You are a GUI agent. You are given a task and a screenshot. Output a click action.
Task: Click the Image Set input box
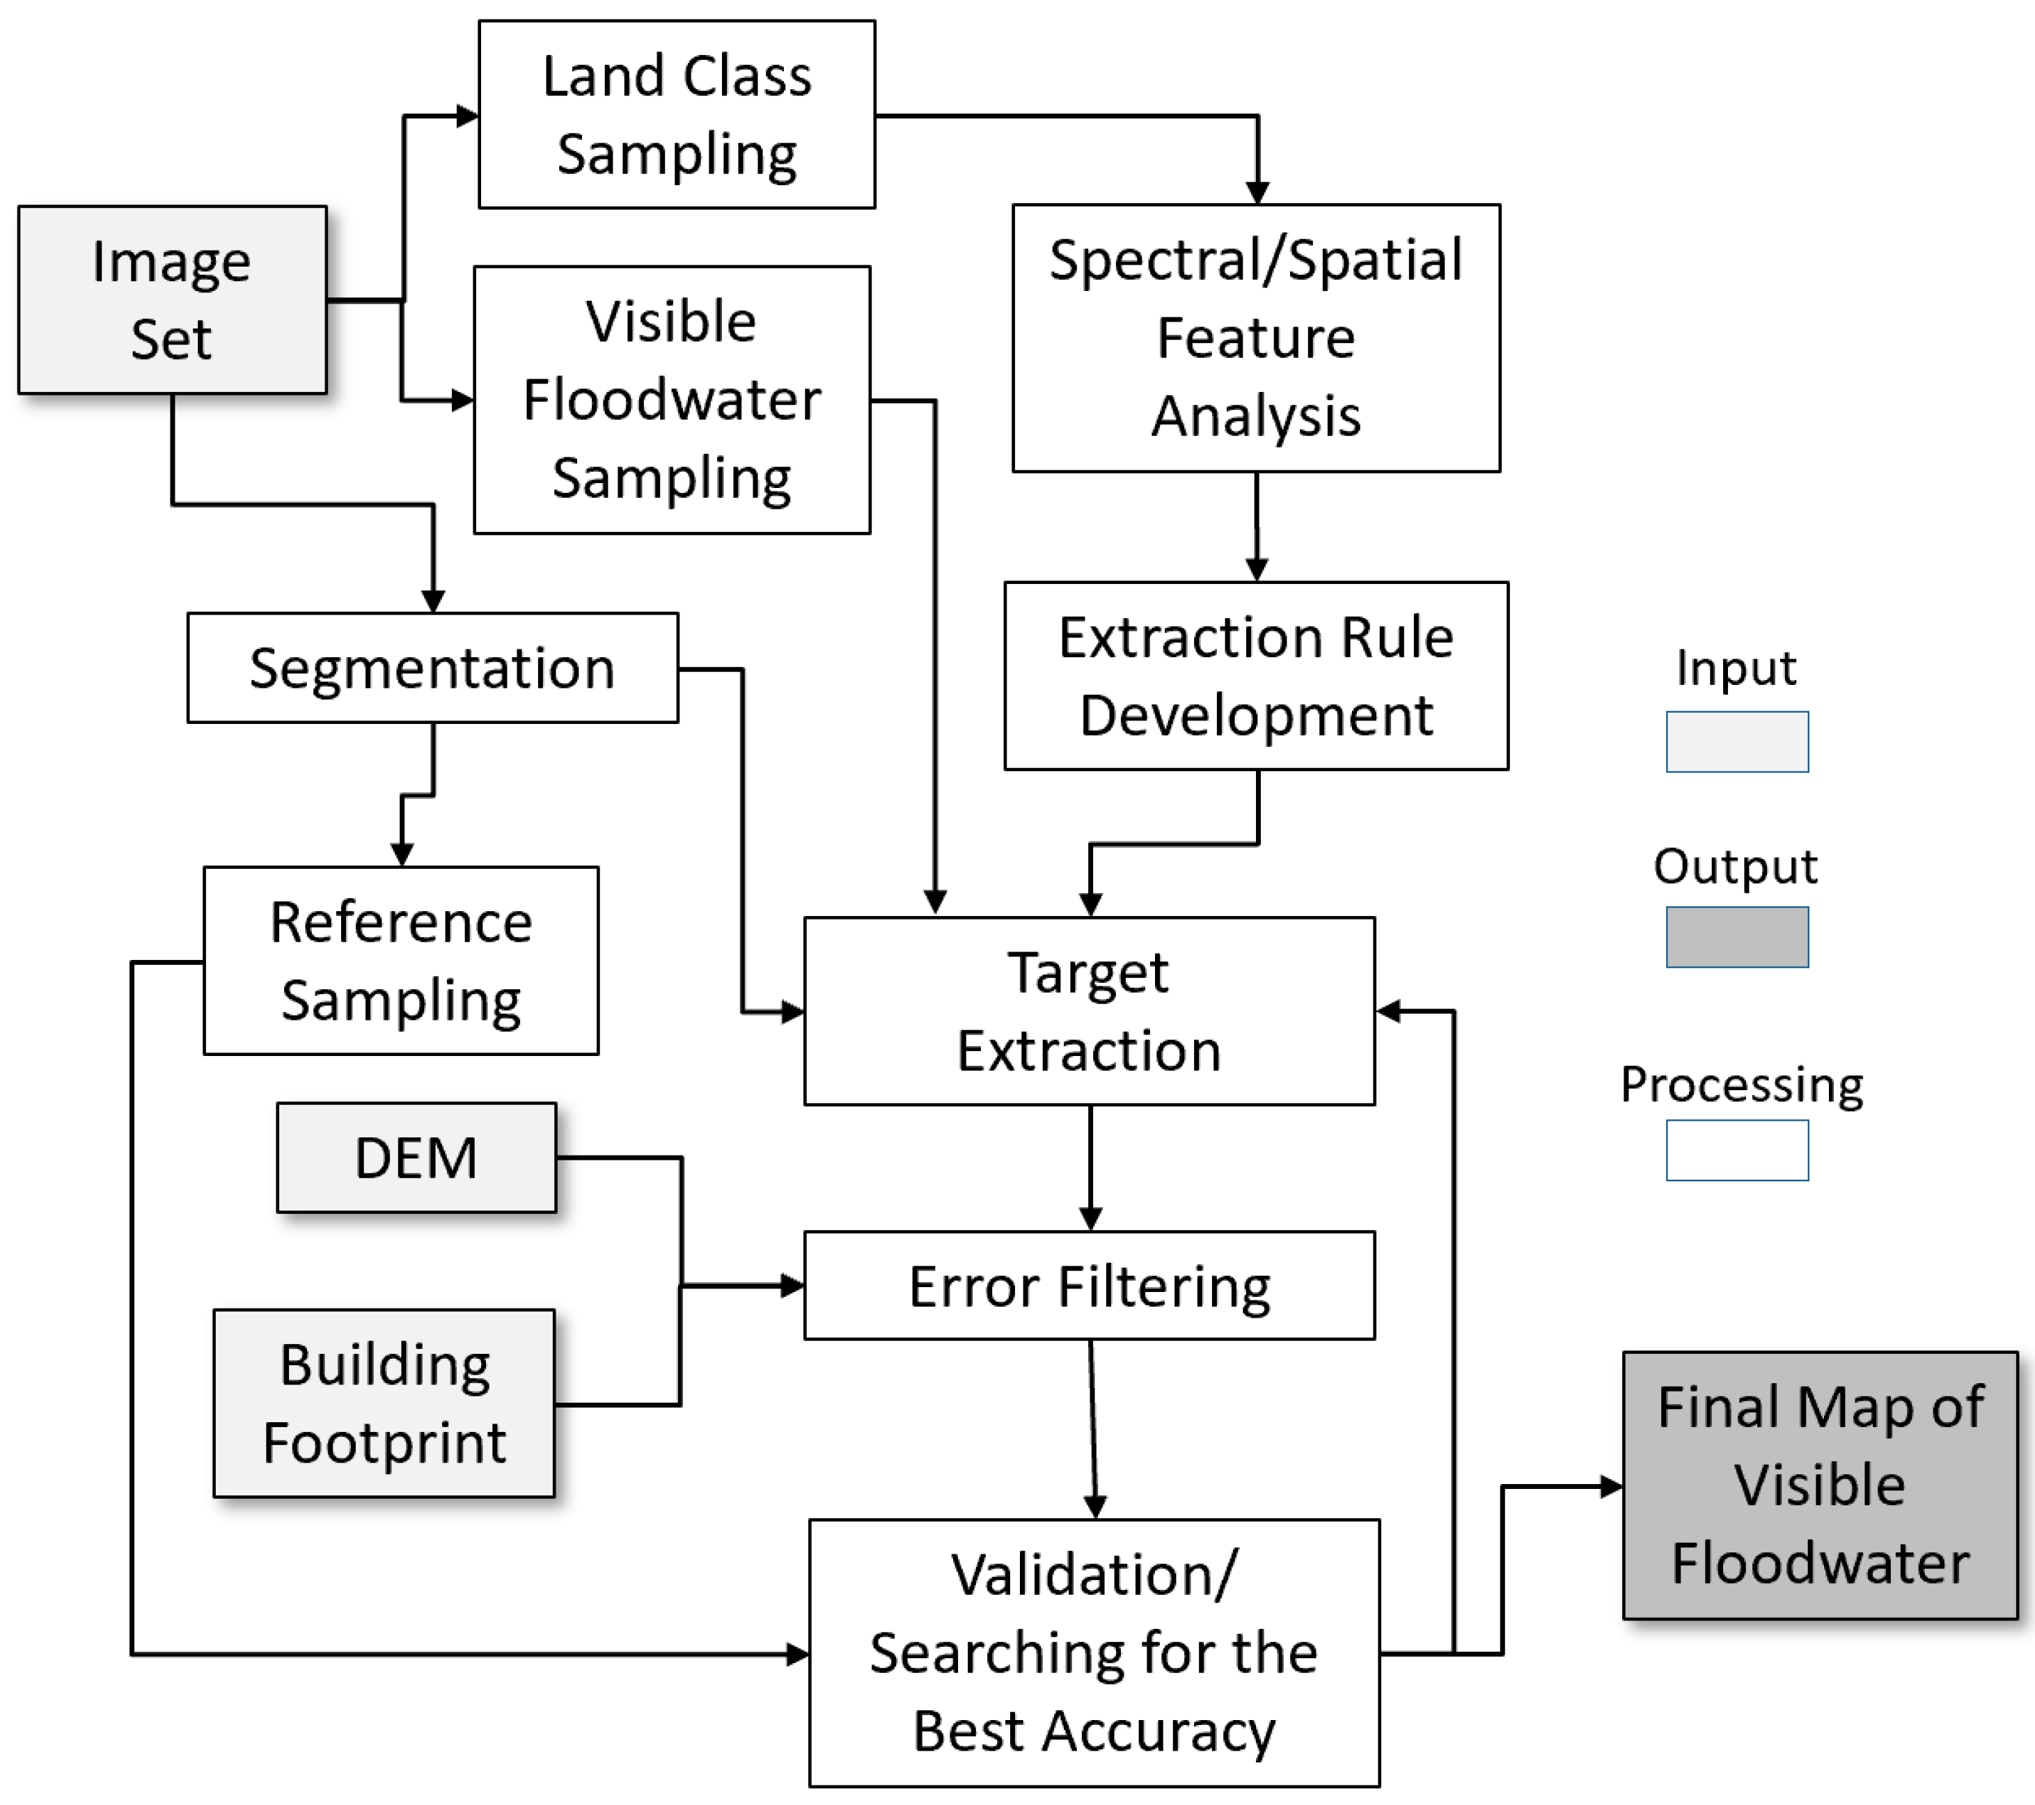(x=172, y=299)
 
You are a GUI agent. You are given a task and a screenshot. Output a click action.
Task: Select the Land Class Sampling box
(x=676, y=114)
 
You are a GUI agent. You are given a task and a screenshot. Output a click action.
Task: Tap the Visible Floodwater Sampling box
(x=672, y=400)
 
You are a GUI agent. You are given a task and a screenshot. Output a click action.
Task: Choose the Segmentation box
(x=432, y=667)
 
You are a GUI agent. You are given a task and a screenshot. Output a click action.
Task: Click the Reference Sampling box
(x=400, y=960)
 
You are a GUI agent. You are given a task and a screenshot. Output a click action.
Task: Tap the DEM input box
(x=416, y=1157)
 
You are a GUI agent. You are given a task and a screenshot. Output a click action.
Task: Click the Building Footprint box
(x=384, y=1403)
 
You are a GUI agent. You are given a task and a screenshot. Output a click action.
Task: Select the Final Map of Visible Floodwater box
(x=1819, y=1484)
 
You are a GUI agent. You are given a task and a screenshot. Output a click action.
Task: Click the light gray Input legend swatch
(x=1736, y=742)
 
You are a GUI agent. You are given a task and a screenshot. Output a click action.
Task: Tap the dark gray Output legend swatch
(x=1736, y=937)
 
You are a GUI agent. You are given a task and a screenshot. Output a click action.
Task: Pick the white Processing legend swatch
(x=1736, y=1150)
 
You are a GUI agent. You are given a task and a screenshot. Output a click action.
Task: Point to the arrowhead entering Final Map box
(x=1611, y=1486)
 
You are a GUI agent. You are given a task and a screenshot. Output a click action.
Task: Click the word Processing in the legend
(x=1741, y=1085)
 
